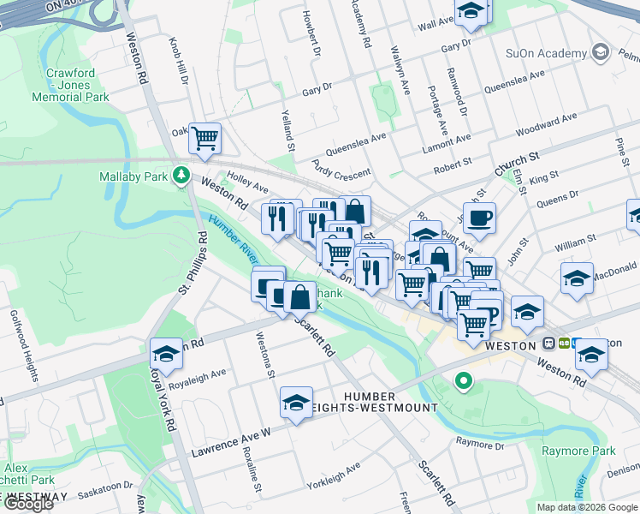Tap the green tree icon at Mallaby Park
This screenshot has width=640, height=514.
[x=181, y=176]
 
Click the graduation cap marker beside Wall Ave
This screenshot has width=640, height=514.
[x=470, y=12]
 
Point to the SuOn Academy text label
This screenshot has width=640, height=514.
[x=546, y=53]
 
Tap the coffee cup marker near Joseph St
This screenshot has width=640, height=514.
[x=479, y=217]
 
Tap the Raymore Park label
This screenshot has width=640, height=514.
[x=601, y=451]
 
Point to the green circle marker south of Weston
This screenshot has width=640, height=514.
[x=464, y=380]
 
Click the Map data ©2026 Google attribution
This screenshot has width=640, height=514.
[x=587, y=507]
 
